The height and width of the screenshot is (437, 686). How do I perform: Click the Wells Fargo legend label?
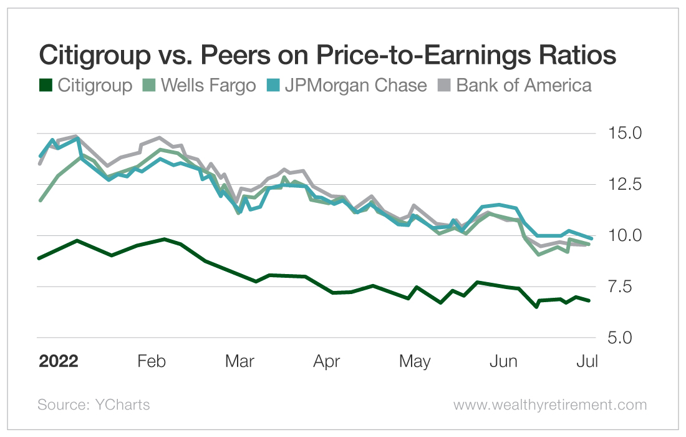208,85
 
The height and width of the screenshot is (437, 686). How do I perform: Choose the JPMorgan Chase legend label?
355,85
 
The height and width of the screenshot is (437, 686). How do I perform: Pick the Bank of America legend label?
524,85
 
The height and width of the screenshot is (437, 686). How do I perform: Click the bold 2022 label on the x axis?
59,361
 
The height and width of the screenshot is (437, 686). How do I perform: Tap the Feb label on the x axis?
151,361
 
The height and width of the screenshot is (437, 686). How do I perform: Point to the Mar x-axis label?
239,361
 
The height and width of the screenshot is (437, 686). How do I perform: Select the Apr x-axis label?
327,361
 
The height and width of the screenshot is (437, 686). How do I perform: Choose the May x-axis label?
415,361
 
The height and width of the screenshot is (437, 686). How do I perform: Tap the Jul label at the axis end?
588,361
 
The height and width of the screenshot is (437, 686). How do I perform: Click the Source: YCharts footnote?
94,405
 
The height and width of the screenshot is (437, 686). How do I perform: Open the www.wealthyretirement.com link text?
550,405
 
